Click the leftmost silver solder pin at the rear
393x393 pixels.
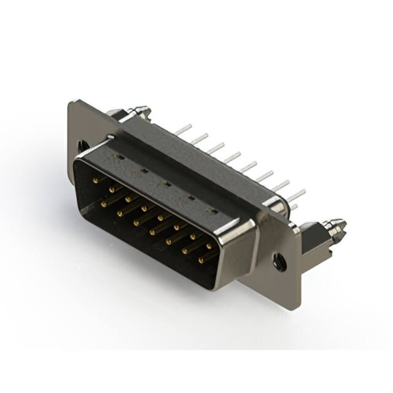pos(183,131)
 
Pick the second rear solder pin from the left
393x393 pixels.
pos(199,140)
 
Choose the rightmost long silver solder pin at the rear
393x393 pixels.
pos(296,196)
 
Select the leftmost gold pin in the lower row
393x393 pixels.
pos(105,202)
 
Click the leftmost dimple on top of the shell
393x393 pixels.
pos(119,157)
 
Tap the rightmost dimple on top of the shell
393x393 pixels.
pos(214,211)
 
